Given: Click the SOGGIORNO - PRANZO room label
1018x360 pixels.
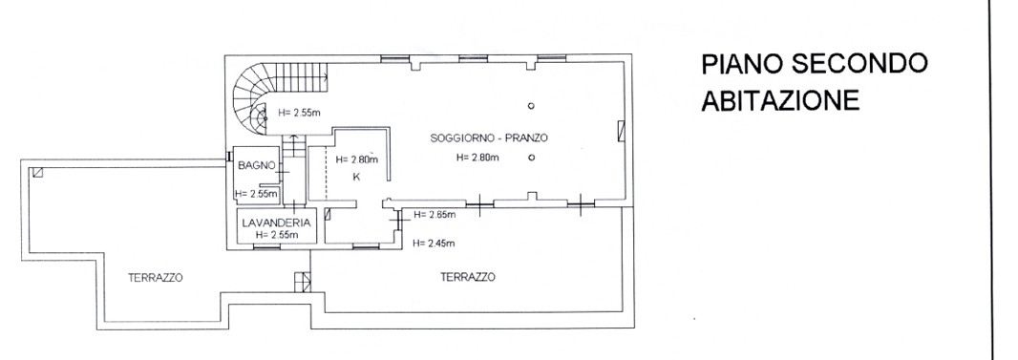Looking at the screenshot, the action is pos(489,138).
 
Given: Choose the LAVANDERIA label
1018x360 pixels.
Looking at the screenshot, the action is pos(276,222).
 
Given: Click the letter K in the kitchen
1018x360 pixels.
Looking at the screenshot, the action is pos(356,177).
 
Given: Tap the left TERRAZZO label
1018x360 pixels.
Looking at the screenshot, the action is pos(155,278).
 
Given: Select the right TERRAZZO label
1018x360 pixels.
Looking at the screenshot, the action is pos(467,277).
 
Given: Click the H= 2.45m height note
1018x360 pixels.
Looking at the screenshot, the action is pos(434,244).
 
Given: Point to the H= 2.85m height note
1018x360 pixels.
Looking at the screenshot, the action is pos(434,215).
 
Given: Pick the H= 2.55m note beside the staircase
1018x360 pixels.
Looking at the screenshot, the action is pos(299,113).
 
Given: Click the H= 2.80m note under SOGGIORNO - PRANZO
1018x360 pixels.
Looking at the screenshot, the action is pos(477,157).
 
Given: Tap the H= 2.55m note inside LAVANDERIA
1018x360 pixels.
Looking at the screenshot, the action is pos(277,235).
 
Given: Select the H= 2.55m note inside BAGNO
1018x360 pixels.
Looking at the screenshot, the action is pos(257,193).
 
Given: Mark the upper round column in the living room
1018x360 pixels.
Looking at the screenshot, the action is pos(531,106).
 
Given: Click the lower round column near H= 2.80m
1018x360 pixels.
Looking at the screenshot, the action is pos(531,157).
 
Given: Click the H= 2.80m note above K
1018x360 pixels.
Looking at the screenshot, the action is pos(356,159).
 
